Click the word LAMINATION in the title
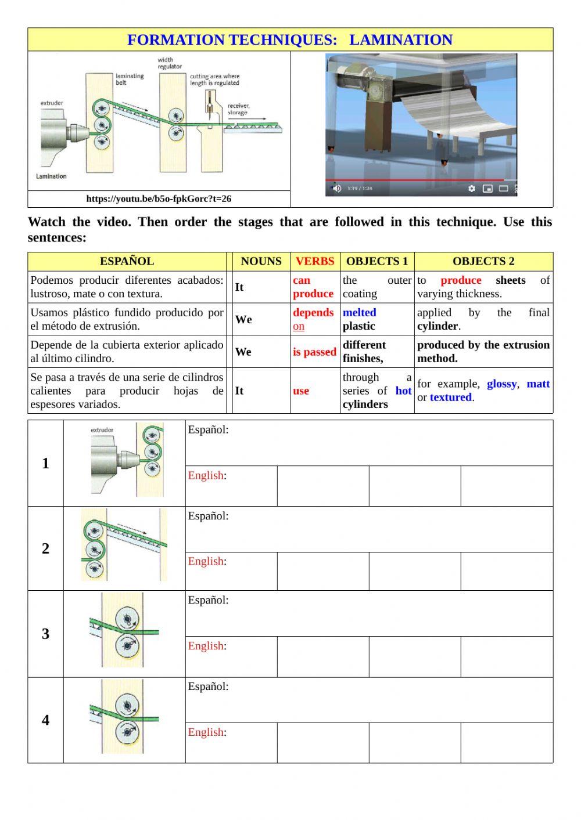tap(400, 40)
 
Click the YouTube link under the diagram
tap(159, 199)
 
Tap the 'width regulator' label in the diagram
tap(170, 63)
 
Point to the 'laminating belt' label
tap(130, 80)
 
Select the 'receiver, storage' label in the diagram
tap(238, 109)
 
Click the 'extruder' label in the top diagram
tap(52, 103)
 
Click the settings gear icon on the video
tap(472, 189)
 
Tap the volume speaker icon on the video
tap(336, 188)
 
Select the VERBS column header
tap(314, 262)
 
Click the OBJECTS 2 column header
tap(483, 262)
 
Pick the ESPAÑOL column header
tap(127, 262)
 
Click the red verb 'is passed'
tap(314, 352)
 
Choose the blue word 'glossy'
tap(501, 384)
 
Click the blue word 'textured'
tap(450, 398)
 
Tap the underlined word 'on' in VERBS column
tap(299, 327)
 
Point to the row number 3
tap(45, 634)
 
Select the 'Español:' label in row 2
tap(208, 516)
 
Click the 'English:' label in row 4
tap(207, 732)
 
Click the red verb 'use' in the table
tap(300, 391)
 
